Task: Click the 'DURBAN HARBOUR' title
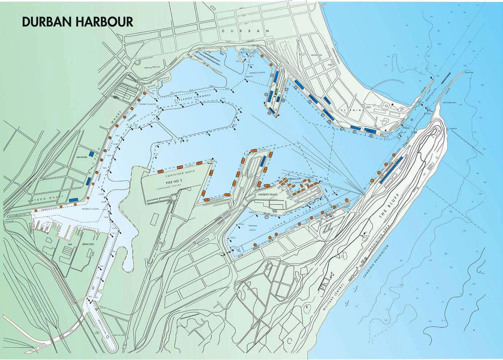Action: (x=77, y=21)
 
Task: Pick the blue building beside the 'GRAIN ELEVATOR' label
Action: (x=91, y=153)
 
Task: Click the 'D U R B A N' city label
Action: (x=245, y=32)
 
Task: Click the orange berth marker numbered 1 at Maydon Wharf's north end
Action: (x=145, y=93)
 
